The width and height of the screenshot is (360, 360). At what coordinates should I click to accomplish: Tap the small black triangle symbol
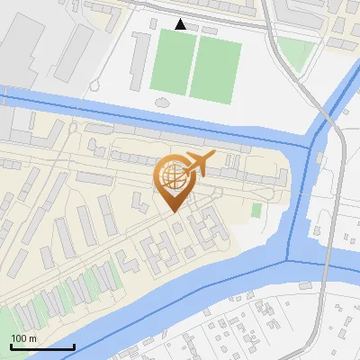pyautogui.click(x=181, y=24)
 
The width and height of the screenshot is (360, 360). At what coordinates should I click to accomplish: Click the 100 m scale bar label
pyautogui.click(x=24, y=337)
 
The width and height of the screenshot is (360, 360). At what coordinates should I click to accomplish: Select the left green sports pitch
pyautogui.click(x=170, y=62)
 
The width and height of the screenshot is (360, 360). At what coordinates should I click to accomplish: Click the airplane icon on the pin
pyautogui.click(x=197, y=164)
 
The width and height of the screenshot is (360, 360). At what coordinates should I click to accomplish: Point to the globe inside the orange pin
pyautogui.click(x=172, y=174)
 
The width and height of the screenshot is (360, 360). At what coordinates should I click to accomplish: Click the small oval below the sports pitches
pyautogui.click(x=162, y=101)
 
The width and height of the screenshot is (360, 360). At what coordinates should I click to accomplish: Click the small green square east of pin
pyautogui.click(x=256, y=210)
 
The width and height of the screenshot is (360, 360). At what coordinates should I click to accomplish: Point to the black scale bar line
pyautogui.click(x=42, y=346)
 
